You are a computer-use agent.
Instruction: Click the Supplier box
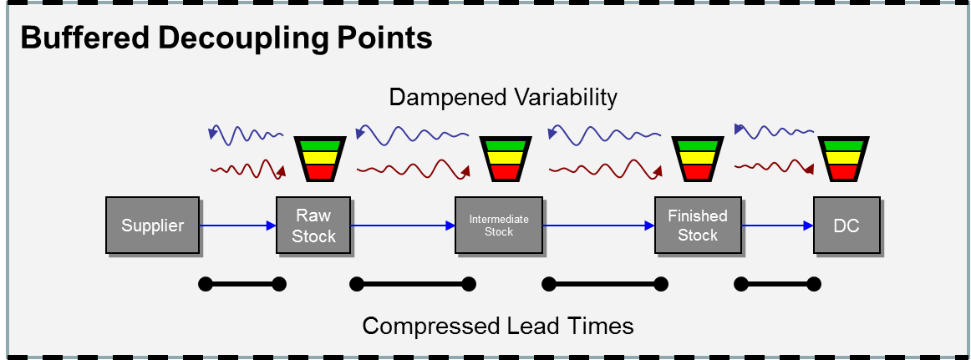[x=152, y=226]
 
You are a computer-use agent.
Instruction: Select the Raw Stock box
[x=313, y=226]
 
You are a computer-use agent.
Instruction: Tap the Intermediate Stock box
[x=499, y=226]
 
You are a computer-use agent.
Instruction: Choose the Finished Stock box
[x=697, y=226]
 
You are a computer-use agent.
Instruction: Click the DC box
[x=846, y=226]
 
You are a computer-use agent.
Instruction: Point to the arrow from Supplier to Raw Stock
[x=238, y=226]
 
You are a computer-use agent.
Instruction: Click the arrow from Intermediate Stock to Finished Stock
[x=597, y=226]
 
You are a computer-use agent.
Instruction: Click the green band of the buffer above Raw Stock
[x=316, y=145]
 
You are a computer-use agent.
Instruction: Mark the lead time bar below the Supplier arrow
[x=242, y=285]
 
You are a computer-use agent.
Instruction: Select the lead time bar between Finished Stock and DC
[x=777, y=285]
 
